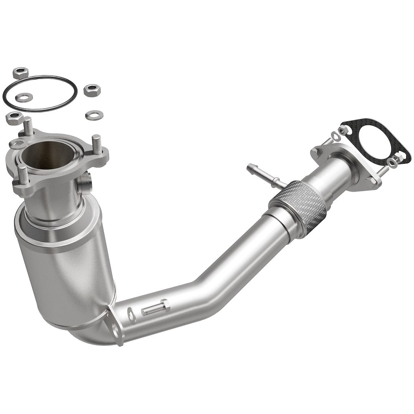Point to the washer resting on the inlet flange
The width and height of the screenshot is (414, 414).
pyautogui.click(x=17, y=144)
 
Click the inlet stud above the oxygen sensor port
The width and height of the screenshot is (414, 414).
pyautogui.click(x=96, y=145)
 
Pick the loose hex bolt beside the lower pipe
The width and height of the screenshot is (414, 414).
pyautogui.click(x=155, y=309)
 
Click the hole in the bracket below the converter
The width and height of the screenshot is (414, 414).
pyautogui.click(x=115, y=328)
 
